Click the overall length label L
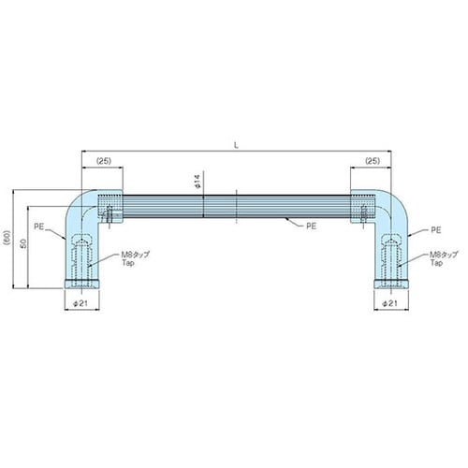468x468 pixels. point(236,145)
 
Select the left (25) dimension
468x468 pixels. point(104,161)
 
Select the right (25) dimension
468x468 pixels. point(373,161)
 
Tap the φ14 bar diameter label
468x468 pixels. point(197,182)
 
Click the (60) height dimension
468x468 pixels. point(7,239)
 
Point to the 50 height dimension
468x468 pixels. point(23,243)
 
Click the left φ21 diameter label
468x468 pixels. point(80,303)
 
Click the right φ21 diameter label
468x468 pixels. point(390,303)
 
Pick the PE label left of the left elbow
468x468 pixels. point(39,227)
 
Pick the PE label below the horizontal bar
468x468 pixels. point(311,227)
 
